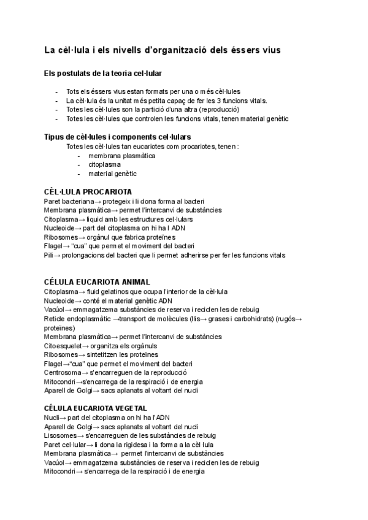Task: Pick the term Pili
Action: (x=49, y=254)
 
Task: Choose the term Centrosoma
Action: (x=63, y=372)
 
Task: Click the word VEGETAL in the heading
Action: (x=142, y=408)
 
